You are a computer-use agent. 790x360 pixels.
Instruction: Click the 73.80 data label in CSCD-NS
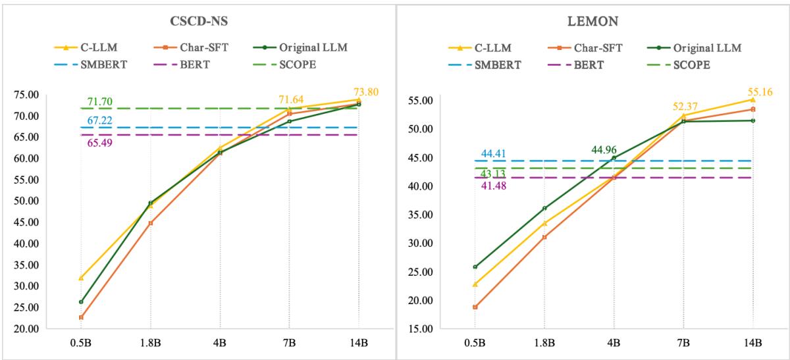click(x=367, y=91)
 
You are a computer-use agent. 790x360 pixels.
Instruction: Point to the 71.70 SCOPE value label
click(x=99, y=101)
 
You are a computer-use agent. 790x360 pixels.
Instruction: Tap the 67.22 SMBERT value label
click(x=99, y=121)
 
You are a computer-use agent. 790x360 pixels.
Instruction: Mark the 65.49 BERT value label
click(x=99, y=142)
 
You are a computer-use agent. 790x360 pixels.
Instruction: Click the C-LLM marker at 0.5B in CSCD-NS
click(x=81, y=278)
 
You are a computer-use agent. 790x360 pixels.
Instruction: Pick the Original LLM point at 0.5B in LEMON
click(x=475, y=267)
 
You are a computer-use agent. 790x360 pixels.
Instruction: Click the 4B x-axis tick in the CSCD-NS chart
click(x=220, y=343)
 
